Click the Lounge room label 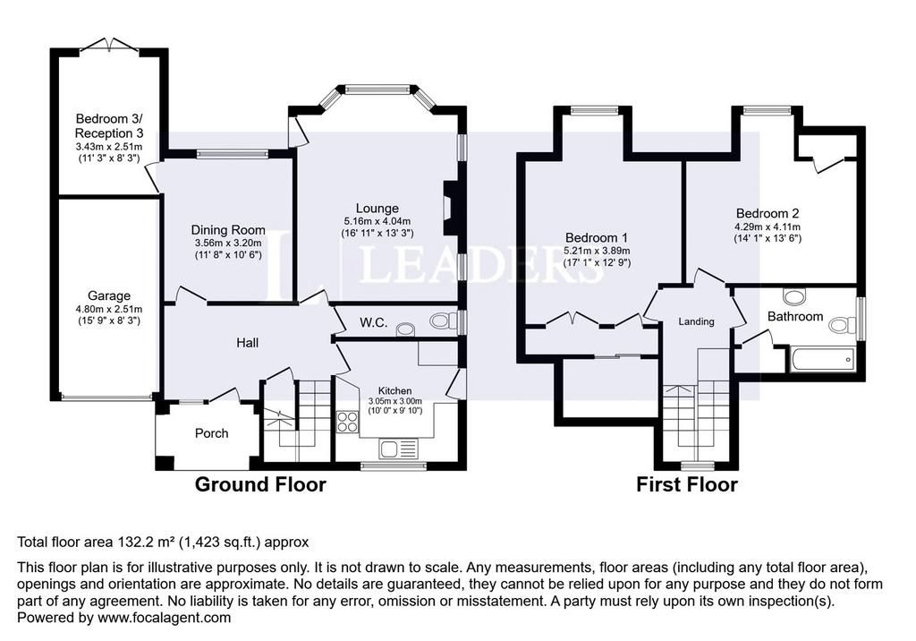pyautogui.click(x=377, y=209)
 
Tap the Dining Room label pyautogui.click(x=228, y=230)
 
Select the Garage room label pyautogui.click(x=108, y=296)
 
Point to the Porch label pyautogui.click(x=211, y=433)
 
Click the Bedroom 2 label pyautogui.click(x=767, y=213)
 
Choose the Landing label pyautogui.click(x=696, y=321)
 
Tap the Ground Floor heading pyautogui.click(x=260, y=484)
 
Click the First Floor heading pyautogui.click(x=687, y=484)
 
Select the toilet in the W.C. pyautogui.click(x=445, y=320)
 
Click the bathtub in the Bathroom pyautogui.click(x=823, y=359)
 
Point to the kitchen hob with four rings pyautogui.click(x=348, y=422)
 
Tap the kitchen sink pyautogui.click(x=398, y=449)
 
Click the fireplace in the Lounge pyautogui.click(x=451, y=208)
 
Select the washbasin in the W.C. pyautogui.click(x=405, y=329)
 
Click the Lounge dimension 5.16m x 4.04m pyautogui.click(x=377, y=222)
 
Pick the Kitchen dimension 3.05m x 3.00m pyautogui.click(x=394, y=401)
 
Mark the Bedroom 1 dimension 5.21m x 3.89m pyautogui.click(x=597, y=251)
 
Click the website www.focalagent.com pyautogui.click(x=165, y=618)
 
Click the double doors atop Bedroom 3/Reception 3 pyautogui.click(x=109, y=47)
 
